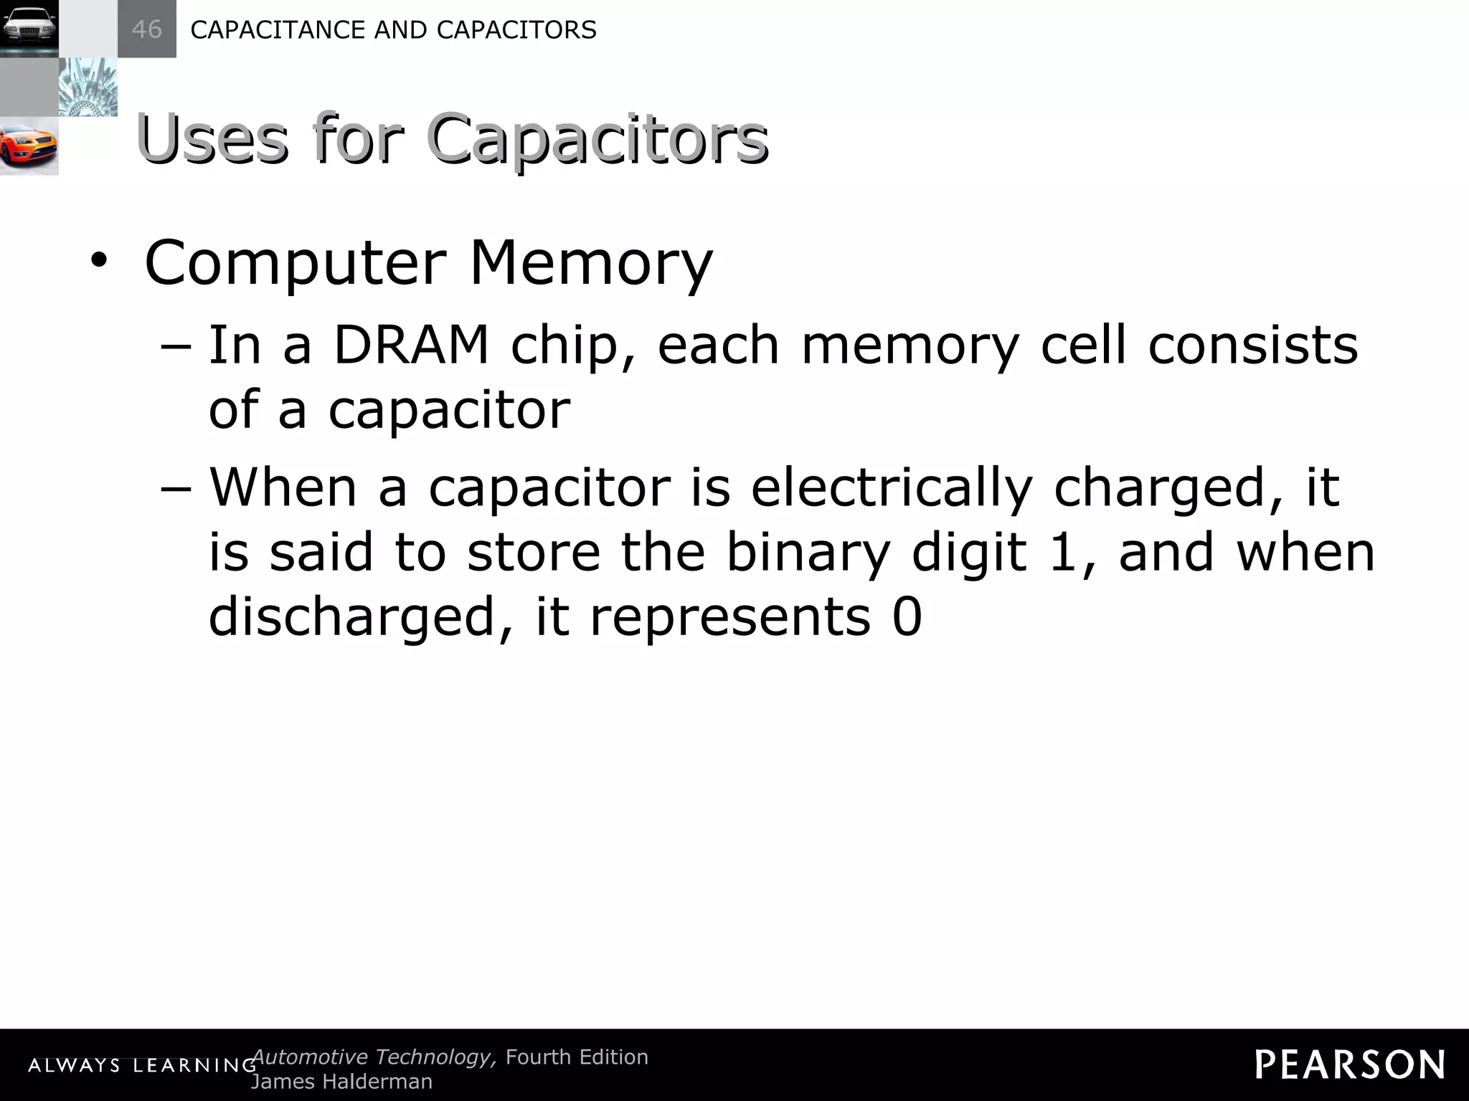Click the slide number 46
pyautogui.click(x=146, y=29)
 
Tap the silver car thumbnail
pyautogui.click(x=29, y=29)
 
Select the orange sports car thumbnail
pyautogui.click(x=29, y=146)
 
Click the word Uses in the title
pyautogui.click(x=213, y=139)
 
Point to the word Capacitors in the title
pyautogui.click(x=597, y=139)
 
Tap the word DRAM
pyautogui.click(x=411, y=345)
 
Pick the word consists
pyautogui.click(x=1253, y=345)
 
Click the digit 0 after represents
pyautogui.click(x=907, y=617)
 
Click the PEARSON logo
pyautogui.click(x=1350, y=1064)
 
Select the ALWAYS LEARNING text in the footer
pyautogui.click(x=142, y=1066)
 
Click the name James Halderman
pyautogui.click(x=341, y=1082)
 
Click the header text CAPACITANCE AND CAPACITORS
pyautogui.click(x=393, y=30)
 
